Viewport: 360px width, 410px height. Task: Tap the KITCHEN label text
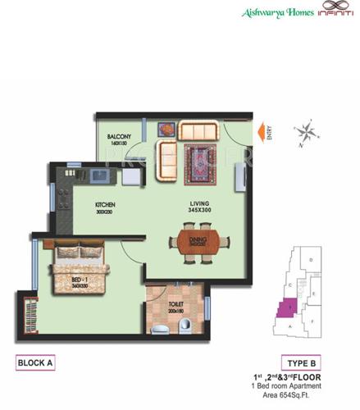coord(104,204)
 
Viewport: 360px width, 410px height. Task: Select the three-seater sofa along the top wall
coord(198,130)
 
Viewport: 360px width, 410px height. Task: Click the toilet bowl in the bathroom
coord(189,327)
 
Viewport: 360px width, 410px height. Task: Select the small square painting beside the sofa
coord(166,129)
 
